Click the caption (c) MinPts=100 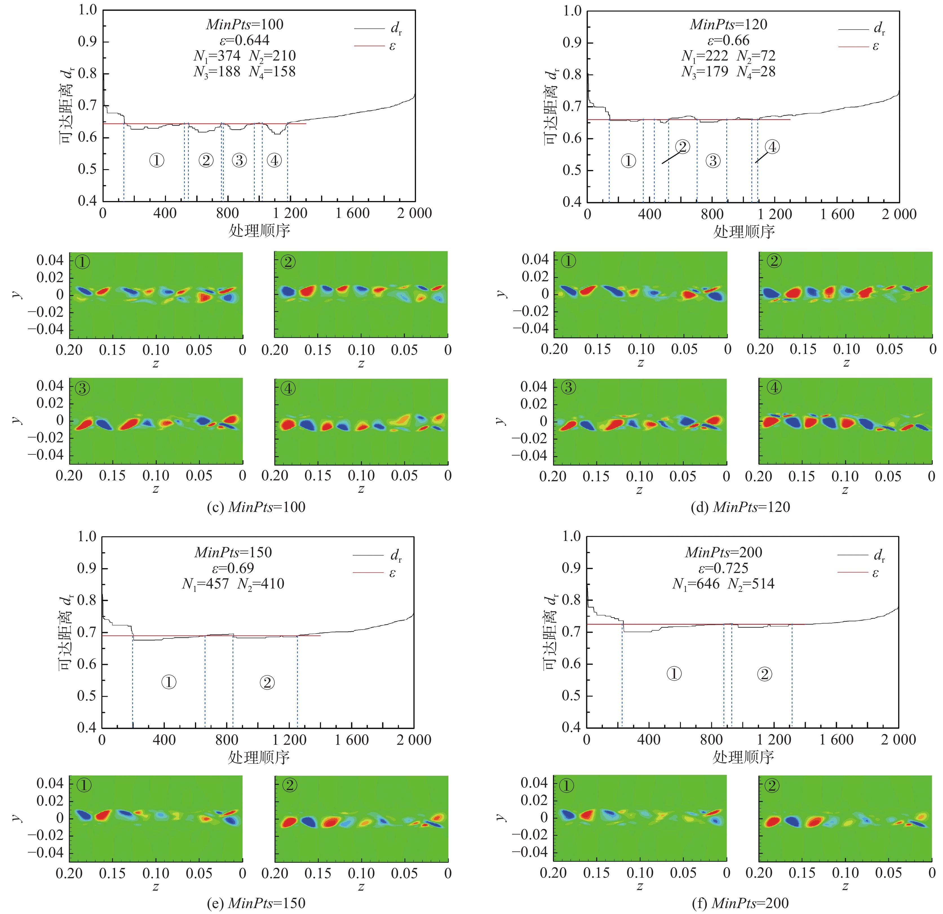256,507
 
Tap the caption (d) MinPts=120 740,507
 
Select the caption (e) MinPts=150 256,903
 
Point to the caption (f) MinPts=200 740,903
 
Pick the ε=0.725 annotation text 723,568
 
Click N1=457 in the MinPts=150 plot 205,584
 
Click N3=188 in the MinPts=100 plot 217,72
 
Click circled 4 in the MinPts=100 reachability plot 274,160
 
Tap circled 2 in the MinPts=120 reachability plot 682,147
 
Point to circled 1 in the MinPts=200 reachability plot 674,674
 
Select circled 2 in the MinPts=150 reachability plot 267,682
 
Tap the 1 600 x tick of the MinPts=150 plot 352,739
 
